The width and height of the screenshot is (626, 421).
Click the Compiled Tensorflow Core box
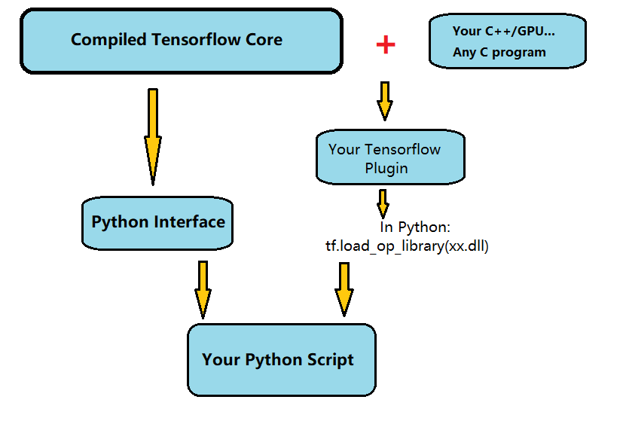click(181, 41)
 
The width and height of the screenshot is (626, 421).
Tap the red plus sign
click(386, 44)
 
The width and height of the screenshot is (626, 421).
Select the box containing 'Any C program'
click(507, 41)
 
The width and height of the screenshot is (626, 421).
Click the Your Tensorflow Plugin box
click(389, 158)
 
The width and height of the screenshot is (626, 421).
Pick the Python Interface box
click(157, 223)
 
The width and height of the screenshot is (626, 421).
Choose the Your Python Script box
click(281, 359)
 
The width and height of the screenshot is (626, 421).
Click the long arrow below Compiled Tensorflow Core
click(153, 136)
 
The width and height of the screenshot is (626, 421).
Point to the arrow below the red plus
click(385, 101)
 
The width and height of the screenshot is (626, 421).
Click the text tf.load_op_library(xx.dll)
click(402, 246)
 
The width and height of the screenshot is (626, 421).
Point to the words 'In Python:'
click(414, 227)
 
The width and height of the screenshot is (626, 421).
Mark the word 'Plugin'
click(386, 168)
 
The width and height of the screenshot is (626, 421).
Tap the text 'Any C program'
click(499, 53)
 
